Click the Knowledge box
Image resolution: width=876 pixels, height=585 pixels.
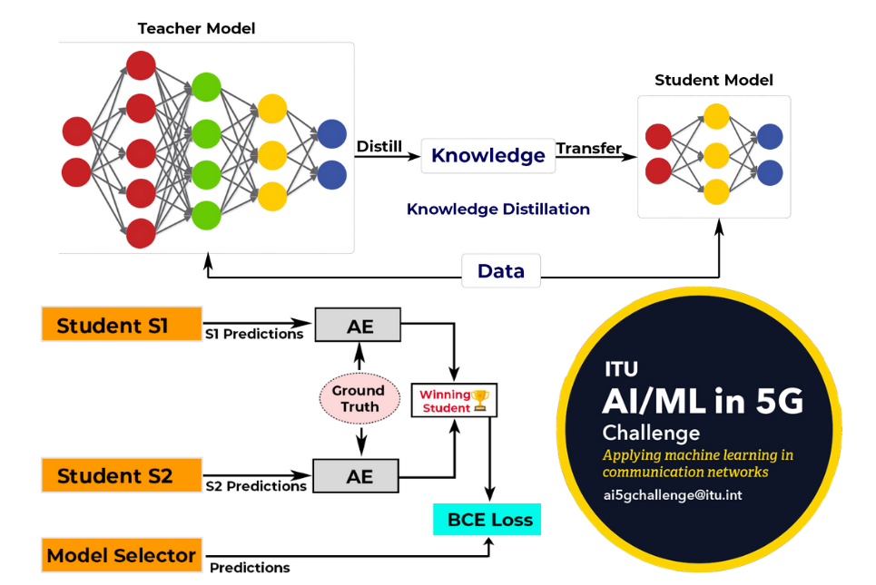[x=487, y=155]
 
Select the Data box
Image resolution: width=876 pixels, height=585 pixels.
[x=501, y=271]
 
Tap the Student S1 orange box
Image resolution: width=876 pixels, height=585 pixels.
[x=120, y=325]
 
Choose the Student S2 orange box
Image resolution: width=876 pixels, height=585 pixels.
[x=120, y=475]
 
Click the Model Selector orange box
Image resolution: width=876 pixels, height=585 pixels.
[x=122, y=555]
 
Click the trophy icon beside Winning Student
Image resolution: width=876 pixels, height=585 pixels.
[x=480, y=399]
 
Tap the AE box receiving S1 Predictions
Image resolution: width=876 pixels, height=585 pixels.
[x=359, y=326]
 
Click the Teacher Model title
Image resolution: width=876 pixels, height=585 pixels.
[x=196, y=28]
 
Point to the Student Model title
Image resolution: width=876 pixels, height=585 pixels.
[x=714, y=80]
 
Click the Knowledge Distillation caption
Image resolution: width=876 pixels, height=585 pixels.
[x=498, y=210]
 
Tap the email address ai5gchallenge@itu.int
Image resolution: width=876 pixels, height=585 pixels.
[x=672, y=495]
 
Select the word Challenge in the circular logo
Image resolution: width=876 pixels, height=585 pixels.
[x=651, y=432]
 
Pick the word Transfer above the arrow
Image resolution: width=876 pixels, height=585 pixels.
[x=589, y=148]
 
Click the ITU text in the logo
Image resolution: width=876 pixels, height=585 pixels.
[x=622, y=369]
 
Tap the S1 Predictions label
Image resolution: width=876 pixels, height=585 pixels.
[x=253, y=334]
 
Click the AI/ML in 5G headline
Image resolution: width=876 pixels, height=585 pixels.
[x=703, y=400]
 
